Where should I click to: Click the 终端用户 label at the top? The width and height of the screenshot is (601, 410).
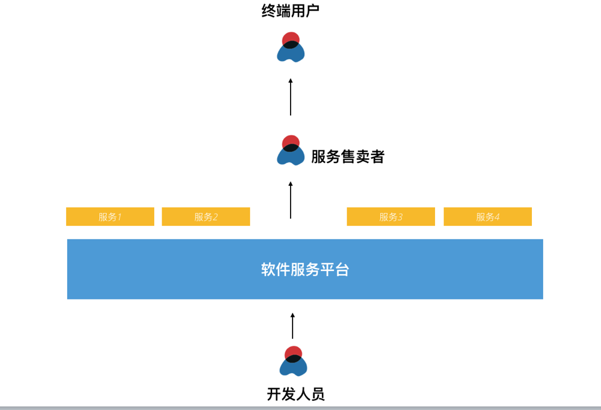[x=290, y=11]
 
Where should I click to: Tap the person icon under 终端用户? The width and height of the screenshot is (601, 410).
[x=291, y=48]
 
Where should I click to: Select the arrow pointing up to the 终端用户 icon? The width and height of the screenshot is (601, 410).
[x=291, y=96]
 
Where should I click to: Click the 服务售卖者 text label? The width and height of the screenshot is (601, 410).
[x=347, y=157]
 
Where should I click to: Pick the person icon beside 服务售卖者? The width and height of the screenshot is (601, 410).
[x=291, y=151]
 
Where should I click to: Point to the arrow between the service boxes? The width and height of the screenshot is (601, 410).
[x=291, y=199]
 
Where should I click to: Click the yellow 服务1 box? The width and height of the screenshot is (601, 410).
[x=110, y=217]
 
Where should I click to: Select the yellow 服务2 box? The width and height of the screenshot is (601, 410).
[x=205, y=217]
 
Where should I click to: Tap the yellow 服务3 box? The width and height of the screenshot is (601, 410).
[x=391, y=217]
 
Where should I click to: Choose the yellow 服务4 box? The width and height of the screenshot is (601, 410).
[x=487, y=217]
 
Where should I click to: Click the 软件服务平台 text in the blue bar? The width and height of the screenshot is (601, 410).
[x=305, y=270]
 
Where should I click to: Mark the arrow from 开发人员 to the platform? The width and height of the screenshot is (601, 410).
[x=292, y=325]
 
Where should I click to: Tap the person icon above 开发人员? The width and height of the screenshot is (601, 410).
[x=293, y=361]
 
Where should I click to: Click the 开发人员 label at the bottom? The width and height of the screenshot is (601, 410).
[x=296, y=394]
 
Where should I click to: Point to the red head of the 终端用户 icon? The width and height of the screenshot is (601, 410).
[x=291, y=38]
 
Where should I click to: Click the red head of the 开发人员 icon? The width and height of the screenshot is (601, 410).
[x=293, y=351]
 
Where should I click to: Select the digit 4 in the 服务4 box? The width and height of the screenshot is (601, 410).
[x=497, y=217]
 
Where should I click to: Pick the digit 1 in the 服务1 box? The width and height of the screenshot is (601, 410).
[x=119, y=217]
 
